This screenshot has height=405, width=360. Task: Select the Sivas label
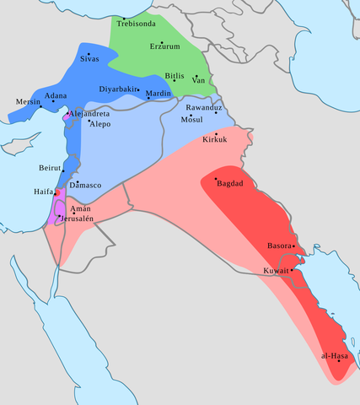click(89, 60)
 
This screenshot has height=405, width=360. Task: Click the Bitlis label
click(175, 75)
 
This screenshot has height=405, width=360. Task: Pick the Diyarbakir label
click(120, 89)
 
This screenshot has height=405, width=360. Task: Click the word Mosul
click(193, 120)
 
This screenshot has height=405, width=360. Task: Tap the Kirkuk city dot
click(216, 134)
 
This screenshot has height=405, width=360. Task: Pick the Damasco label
click(85, 184)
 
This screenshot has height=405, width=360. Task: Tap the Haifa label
click(42, 192)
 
